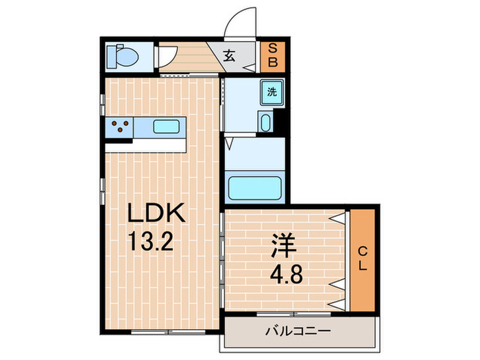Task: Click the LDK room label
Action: (157, 215)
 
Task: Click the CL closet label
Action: (363, 259)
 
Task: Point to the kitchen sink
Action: (167, 126)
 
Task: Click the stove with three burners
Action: (119, 127)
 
